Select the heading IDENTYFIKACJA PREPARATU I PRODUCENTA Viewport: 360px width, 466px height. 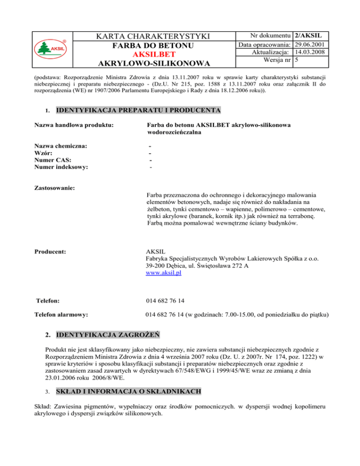tap(138, 111)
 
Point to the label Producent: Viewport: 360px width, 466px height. tap(51, 252)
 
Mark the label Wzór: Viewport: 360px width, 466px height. tap(44, 153)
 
